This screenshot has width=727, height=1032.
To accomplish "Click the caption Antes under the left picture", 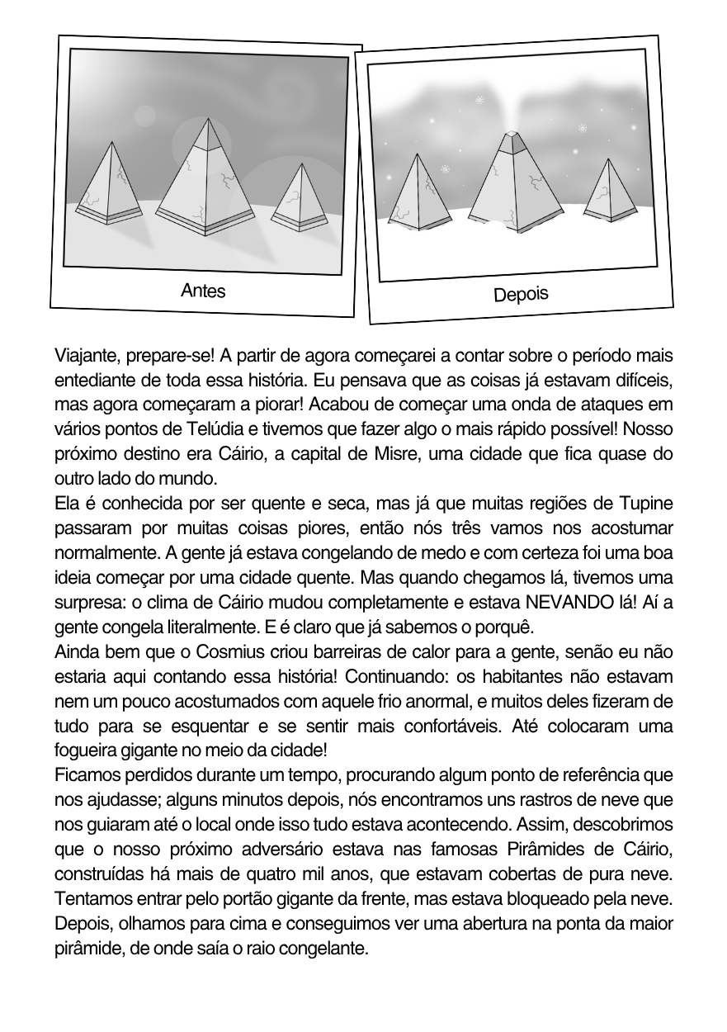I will [x=202, y=291].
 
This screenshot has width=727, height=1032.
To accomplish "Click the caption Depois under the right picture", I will [x=521, y=294].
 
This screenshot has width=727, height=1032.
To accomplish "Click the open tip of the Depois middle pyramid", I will [x=513, y=135].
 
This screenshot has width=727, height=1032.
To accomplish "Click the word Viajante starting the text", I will [x=85, y=356].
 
